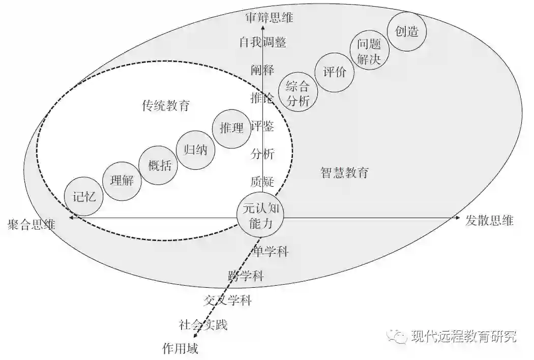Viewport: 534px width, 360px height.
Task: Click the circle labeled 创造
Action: pos(406,32)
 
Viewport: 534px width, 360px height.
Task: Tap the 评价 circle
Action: pos(334,73)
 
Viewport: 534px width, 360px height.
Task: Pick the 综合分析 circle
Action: pos(298,93)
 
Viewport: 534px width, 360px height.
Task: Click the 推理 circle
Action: pos(231,128)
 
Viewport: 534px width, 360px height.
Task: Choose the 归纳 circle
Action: pos(195,150)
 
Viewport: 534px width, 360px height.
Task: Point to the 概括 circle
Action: pos(159,165)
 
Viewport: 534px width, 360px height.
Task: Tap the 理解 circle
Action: pos(122,180)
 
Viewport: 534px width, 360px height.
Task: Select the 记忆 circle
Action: pos(84,197)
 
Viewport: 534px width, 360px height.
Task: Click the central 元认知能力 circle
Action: pos(260,215)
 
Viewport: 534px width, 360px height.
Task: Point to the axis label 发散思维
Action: pos(489,220)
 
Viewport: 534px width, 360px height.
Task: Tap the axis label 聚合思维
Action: pos(32,225)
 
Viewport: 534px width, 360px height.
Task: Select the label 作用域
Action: pos(180,348)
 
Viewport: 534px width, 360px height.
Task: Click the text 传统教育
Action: pos(166,106)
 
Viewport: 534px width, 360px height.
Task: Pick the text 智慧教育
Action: pos(344,173)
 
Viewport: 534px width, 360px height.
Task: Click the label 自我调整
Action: pos(263,42)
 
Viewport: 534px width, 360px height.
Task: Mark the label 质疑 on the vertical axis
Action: pos(262,181)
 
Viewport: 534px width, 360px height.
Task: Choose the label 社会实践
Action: pos(203,324)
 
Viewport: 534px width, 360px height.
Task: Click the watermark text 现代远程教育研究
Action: pos(463,336)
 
